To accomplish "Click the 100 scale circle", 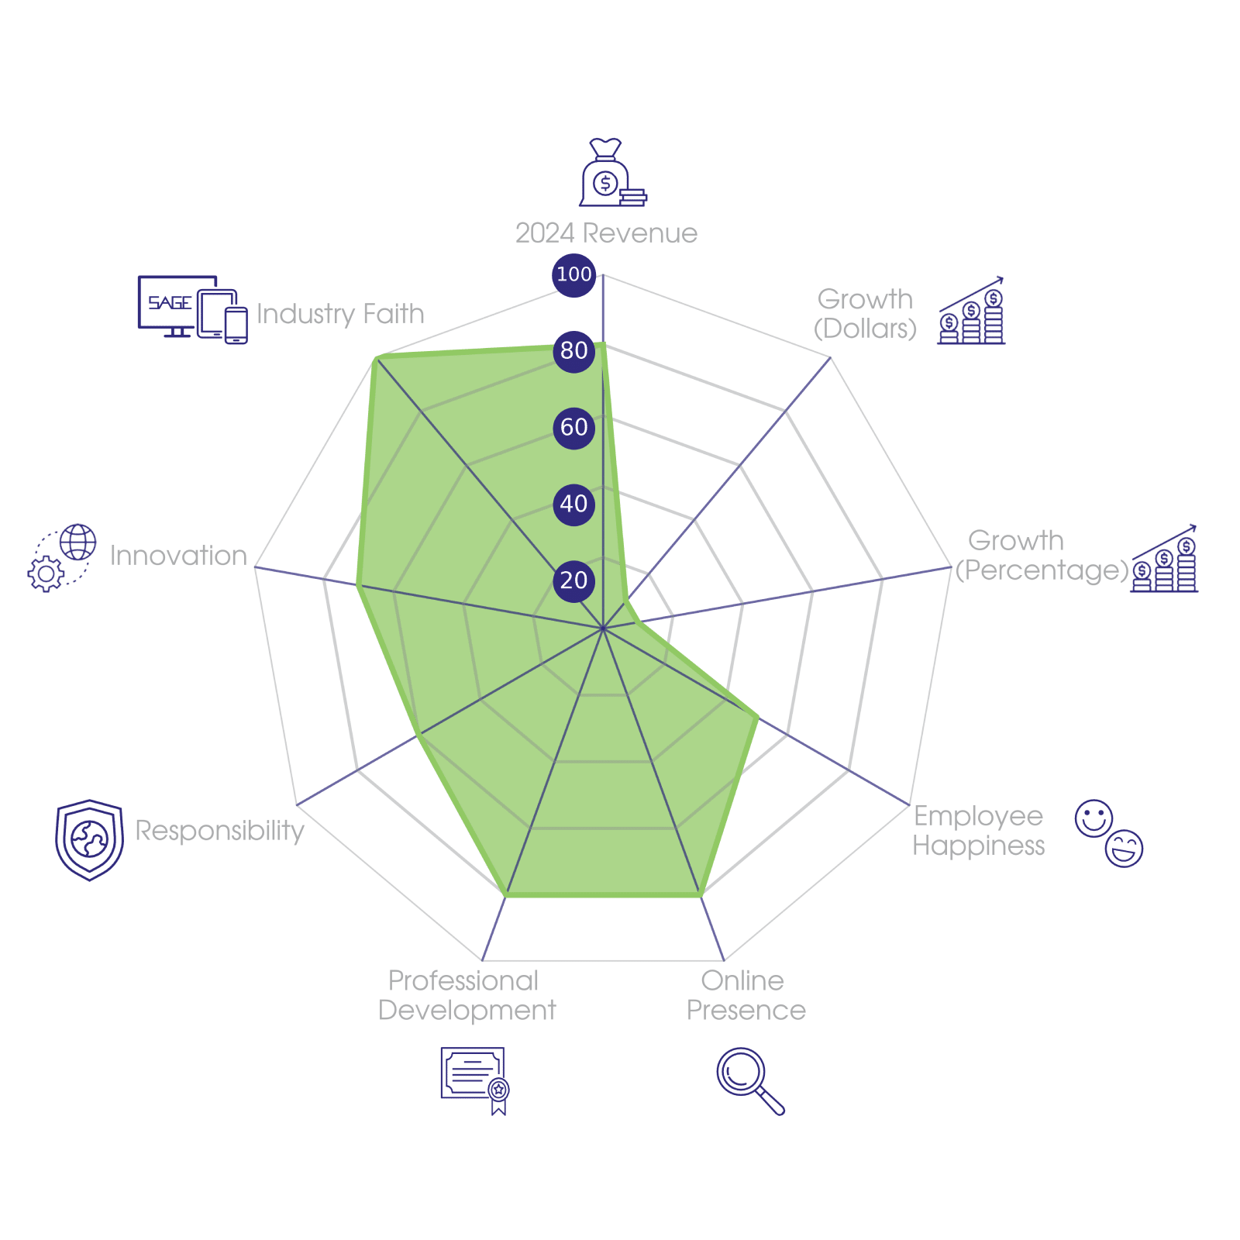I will [x=573, y=274].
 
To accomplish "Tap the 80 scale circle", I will [x=573, y=350].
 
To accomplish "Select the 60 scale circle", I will [x=573, y=427].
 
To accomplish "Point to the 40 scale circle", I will [x=573, y=504].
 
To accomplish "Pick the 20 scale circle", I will [x=573, y=580].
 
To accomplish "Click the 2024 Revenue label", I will [x=606, y=233].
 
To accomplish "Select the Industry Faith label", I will [x=340, y=314].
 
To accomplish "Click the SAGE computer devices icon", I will [x=192, y=309].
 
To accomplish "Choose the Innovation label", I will [x=178, y=556].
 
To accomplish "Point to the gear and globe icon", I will [x=62, y=558].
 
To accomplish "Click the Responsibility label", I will [x=220, y=831].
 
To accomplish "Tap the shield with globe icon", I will [x=89, y=839].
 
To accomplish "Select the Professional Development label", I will [x=467, y=996].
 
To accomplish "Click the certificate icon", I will [x=474, y=1080].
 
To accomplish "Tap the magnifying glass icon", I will [x=749, y=1080].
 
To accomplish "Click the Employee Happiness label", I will [x=978, y=831].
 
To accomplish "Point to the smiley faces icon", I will [x=1109, y=832].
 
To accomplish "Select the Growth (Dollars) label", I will [x=865, y=314].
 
